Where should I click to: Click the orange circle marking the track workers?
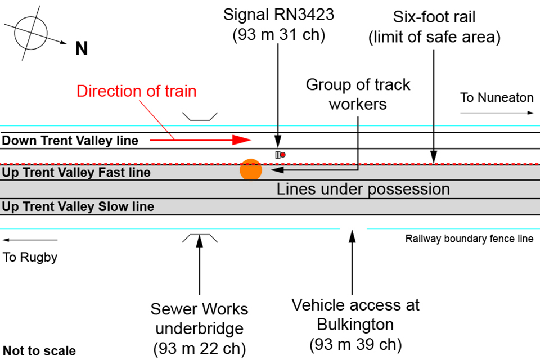[x=251, y=170]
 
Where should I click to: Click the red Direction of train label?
[x=137, y=91]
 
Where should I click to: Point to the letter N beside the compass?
[x=82, y=49]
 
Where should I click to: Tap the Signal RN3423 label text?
[x=278, y=24]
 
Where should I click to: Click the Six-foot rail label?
[x=434, y=27]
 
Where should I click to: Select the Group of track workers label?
[x=358, y=94]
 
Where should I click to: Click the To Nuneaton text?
[x=497, y=97]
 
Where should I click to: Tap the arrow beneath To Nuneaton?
[x=497, y=113]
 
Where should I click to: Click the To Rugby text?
[x=30, y=258]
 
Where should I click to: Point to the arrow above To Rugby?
[x=30, y=240]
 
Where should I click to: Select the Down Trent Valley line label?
[x=70, y=141]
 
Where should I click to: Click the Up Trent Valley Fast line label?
[x=76, y=172]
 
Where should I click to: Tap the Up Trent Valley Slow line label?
[x=78, y=206]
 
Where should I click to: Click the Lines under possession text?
[x=363, y=189]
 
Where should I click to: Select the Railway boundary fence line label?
[x=469, y=238]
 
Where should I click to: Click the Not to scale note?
[x=39, y=351]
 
